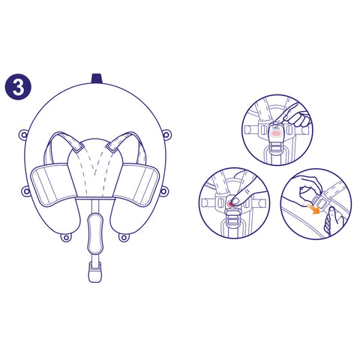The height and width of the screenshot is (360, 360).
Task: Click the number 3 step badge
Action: coord(18,87)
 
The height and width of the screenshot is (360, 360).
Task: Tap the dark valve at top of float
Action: coord(97,78)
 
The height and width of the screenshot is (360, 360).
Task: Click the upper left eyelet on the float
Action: coord(23,135)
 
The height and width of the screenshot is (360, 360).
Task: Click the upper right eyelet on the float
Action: coord(166,134)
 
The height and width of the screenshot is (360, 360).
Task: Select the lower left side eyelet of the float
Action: coord(25,192)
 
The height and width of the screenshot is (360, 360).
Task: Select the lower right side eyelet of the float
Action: coord(163,191)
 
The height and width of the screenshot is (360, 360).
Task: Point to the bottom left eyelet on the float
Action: coord(66,237)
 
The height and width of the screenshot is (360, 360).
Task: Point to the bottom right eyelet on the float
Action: coord(124,237)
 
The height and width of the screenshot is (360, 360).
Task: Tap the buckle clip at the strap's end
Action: coord(95,272)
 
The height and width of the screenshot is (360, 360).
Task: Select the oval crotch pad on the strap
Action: coord(95,233)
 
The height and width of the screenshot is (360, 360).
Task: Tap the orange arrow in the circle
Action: coord(313,208)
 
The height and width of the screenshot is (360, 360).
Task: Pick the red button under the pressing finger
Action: coord(232,204)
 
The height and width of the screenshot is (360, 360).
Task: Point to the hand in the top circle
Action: coord(295,115)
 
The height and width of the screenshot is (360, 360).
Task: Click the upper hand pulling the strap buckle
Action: coord(310,188)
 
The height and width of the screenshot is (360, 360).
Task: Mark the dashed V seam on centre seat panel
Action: coord(95,163)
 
